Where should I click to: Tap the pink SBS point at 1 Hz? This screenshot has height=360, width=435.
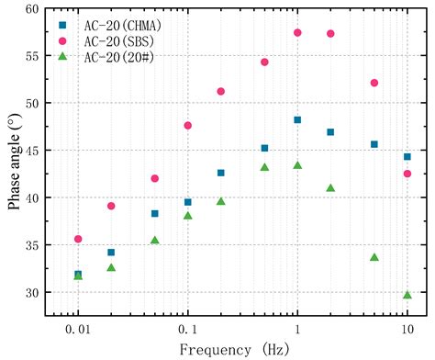297,32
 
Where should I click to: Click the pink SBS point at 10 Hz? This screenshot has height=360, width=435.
407,174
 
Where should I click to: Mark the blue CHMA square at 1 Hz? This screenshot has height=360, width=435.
297,119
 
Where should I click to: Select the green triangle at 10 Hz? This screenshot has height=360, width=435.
407,295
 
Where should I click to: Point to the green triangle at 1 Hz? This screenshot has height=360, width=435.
297,165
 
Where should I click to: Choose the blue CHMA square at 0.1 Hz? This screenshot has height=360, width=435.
188,202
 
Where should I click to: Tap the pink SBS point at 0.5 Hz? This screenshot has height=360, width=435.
264,62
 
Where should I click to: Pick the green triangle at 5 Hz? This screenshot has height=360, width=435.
374,257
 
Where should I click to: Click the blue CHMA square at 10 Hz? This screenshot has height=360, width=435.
407,156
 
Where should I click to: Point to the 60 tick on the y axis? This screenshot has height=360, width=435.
45,8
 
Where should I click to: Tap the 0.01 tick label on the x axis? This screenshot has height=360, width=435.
77,328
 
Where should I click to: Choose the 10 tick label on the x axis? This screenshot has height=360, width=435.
407,328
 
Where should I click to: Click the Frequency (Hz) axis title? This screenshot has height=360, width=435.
242,349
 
